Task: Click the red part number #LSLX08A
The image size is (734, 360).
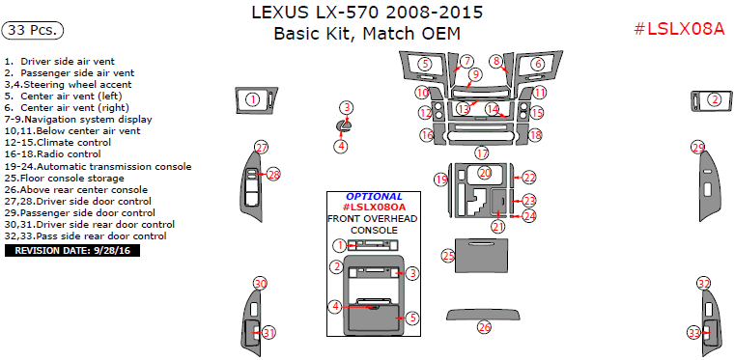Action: (679, 29)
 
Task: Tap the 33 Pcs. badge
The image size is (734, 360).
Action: (33, 30)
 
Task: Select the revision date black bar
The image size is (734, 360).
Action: (72, 251)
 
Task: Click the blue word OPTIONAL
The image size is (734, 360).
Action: (374, 197)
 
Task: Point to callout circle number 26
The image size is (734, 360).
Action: (484, 327)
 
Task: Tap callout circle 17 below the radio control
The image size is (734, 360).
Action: (482, 152)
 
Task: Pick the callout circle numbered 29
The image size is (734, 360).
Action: (698, 148)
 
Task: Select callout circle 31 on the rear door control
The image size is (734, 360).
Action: (268, 333)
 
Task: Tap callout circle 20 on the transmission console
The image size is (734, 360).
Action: (485, 173)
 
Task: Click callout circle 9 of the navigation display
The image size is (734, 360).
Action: (475, 74)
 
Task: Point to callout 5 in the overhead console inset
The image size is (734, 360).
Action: (412, 318)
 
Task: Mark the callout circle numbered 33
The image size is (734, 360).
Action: (693, 333)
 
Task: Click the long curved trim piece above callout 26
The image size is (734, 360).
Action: (483, 315)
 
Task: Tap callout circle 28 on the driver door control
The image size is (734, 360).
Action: (274, 175)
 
